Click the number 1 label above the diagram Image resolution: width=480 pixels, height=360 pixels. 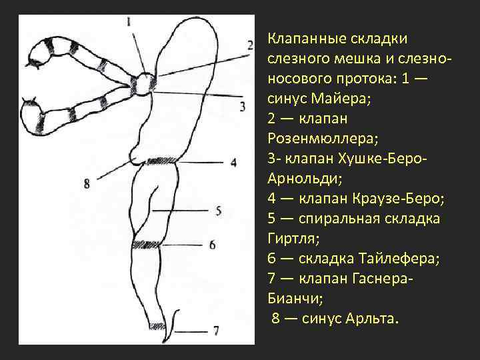129,22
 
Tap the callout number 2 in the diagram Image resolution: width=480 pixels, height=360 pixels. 250,45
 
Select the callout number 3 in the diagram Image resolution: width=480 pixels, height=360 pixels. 243,105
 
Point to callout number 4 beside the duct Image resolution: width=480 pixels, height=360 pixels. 233,162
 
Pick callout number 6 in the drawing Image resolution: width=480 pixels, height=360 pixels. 212,245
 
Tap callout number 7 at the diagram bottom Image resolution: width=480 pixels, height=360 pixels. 216,330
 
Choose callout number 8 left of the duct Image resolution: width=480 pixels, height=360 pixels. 87,183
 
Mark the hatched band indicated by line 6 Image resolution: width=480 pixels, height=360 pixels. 147,244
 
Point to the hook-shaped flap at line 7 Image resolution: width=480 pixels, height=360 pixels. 175,320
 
